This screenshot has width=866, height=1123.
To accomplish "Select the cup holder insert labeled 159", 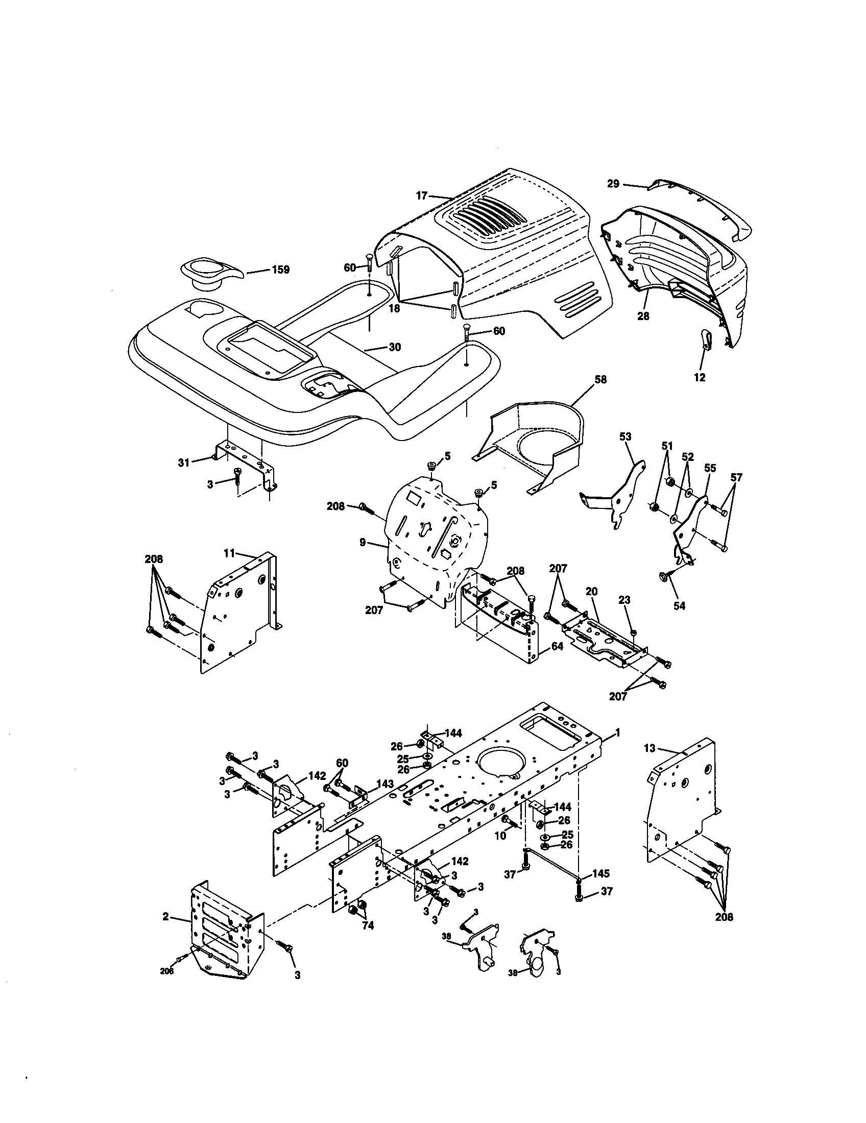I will (x=209, y=274).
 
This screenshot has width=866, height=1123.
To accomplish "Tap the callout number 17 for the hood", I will (x=422, y=196).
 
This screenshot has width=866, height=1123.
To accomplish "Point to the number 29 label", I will (x=613, y=184).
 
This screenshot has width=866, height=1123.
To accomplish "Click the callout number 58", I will (x=600, y=379).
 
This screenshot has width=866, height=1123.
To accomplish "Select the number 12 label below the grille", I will (x=700, y=378).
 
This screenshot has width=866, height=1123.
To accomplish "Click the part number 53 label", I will (x=626, y=437).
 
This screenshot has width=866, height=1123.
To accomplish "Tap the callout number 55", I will (x=710, y=468).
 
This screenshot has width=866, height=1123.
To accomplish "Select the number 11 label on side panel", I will (x=229, y=553).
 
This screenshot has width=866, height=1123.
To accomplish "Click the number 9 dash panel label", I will (x=363, y=542).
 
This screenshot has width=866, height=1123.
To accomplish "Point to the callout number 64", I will (x=557, y=646).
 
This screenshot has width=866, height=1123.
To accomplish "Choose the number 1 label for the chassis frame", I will (x=617, y=732).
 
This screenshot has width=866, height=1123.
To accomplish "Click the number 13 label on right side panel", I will (x=650, y=748).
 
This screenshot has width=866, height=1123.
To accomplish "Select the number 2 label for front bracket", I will (x=165, y=916).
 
